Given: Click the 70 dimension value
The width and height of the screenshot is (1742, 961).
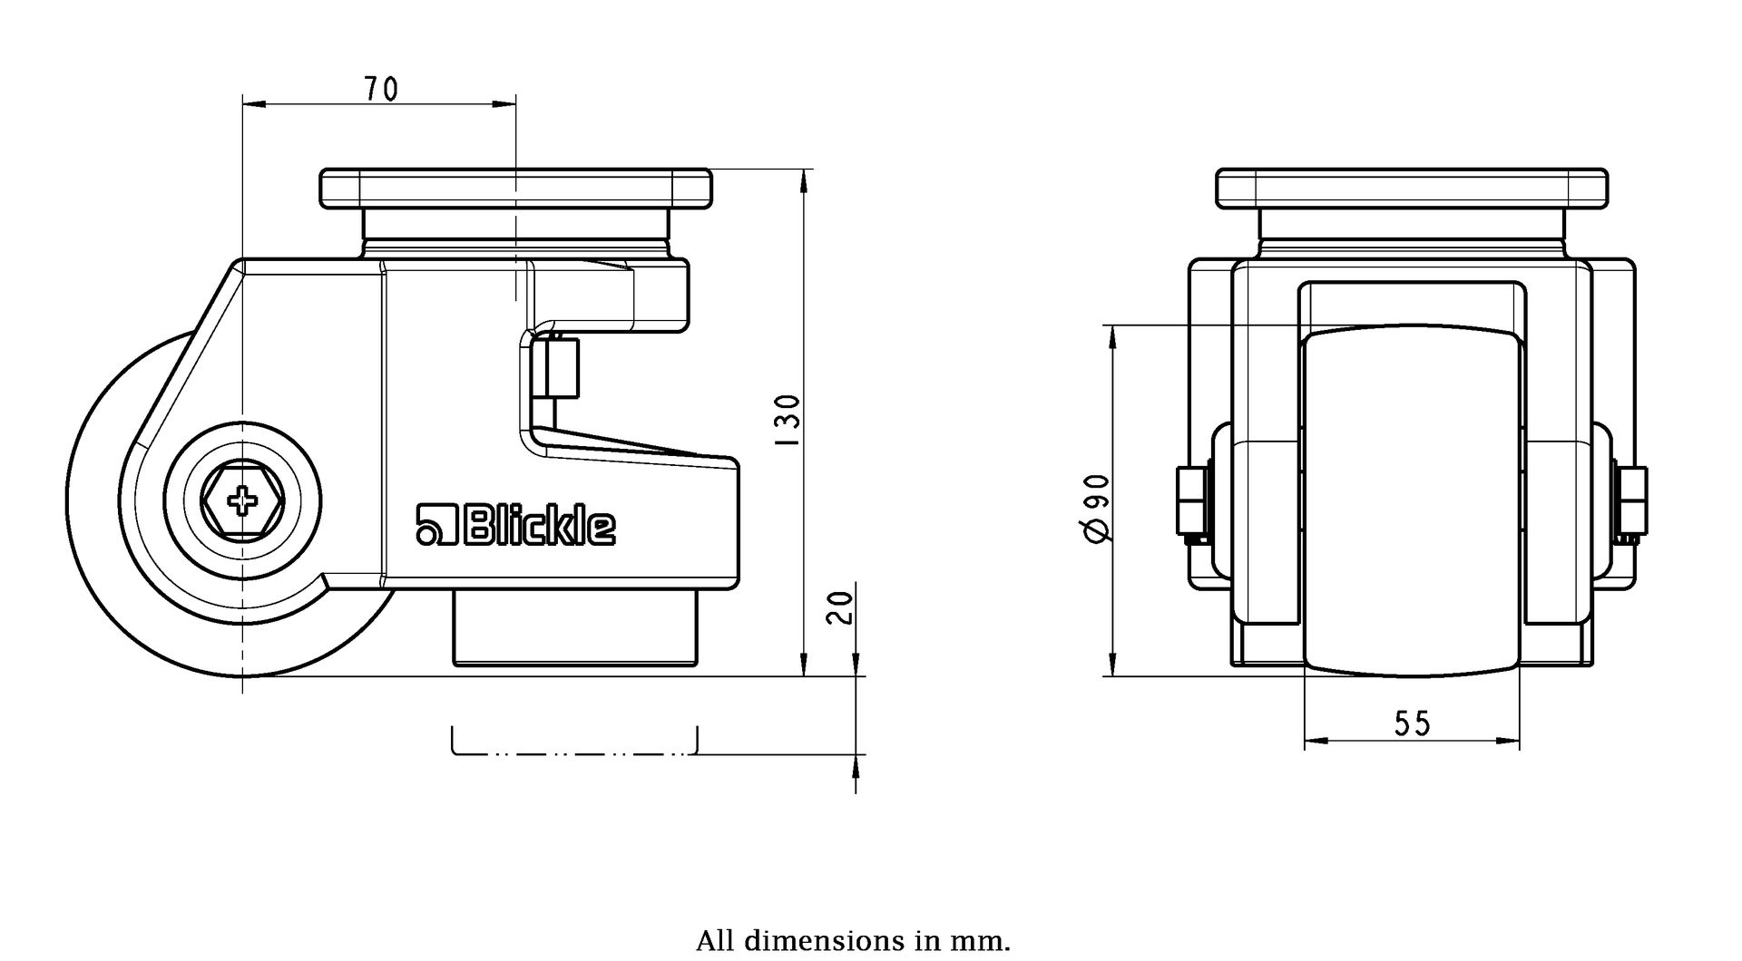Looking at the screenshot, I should click(x=381, y=89).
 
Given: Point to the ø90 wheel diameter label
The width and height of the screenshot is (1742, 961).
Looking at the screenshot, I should click(x=1095, y=508).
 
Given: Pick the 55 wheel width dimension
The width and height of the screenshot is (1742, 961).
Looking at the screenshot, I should click(x=1412, y=723).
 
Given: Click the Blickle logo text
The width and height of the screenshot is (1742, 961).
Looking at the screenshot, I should click(x=516, y=526).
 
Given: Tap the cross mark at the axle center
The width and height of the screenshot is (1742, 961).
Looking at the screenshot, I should click(x=242, y=500).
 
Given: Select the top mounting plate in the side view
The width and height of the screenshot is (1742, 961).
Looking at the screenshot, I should click(x=515, y=188).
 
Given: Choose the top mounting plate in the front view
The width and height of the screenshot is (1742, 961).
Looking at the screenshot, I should click(x=1412, y=188).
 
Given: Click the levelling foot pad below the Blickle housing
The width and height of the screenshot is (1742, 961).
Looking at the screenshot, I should click(x=575, y=628).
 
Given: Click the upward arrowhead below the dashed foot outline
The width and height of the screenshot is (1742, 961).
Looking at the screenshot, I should click(x=856, y=769).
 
